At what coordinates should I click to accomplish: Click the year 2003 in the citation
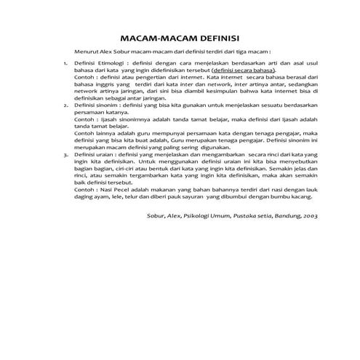pos(310,216)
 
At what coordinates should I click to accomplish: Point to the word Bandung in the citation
pos(283,216)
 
